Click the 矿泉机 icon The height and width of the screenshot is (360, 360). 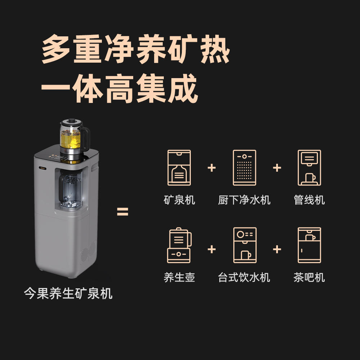[179, 168]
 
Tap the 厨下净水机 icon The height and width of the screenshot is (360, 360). [244, 168]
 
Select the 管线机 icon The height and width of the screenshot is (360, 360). [309, 168]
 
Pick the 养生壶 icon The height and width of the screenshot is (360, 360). [179, 245]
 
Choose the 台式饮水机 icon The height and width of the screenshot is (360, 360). [245, 245]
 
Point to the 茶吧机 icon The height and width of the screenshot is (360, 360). [309, 245]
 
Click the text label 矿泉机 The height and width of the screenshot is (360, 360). [179, 200]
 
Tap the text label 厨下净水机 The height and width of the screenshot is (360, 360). [244, 200]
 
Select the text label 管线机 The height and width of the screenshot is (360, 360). [309, 200]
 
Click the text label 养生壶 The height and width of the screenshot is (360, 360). [179, 277]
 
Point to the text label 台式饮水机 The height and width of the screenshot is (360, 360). [244, 277]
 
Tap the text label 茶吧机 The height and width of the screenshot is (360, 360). [309, 277]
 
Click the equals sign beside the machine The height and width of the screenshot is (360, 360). [123, 212]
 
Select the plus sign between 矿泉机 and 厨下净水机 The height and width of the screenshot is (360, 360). [212, 168]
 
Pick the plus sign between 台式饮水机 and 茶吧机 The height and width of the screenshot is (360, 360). [277, 249]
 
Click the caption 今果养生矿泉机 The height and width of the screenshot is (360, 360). [68, 293]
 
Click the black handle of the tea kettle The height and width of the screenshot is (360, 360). [85, 139]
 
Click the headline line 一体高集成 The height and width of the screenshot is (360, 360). [119, 89]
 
